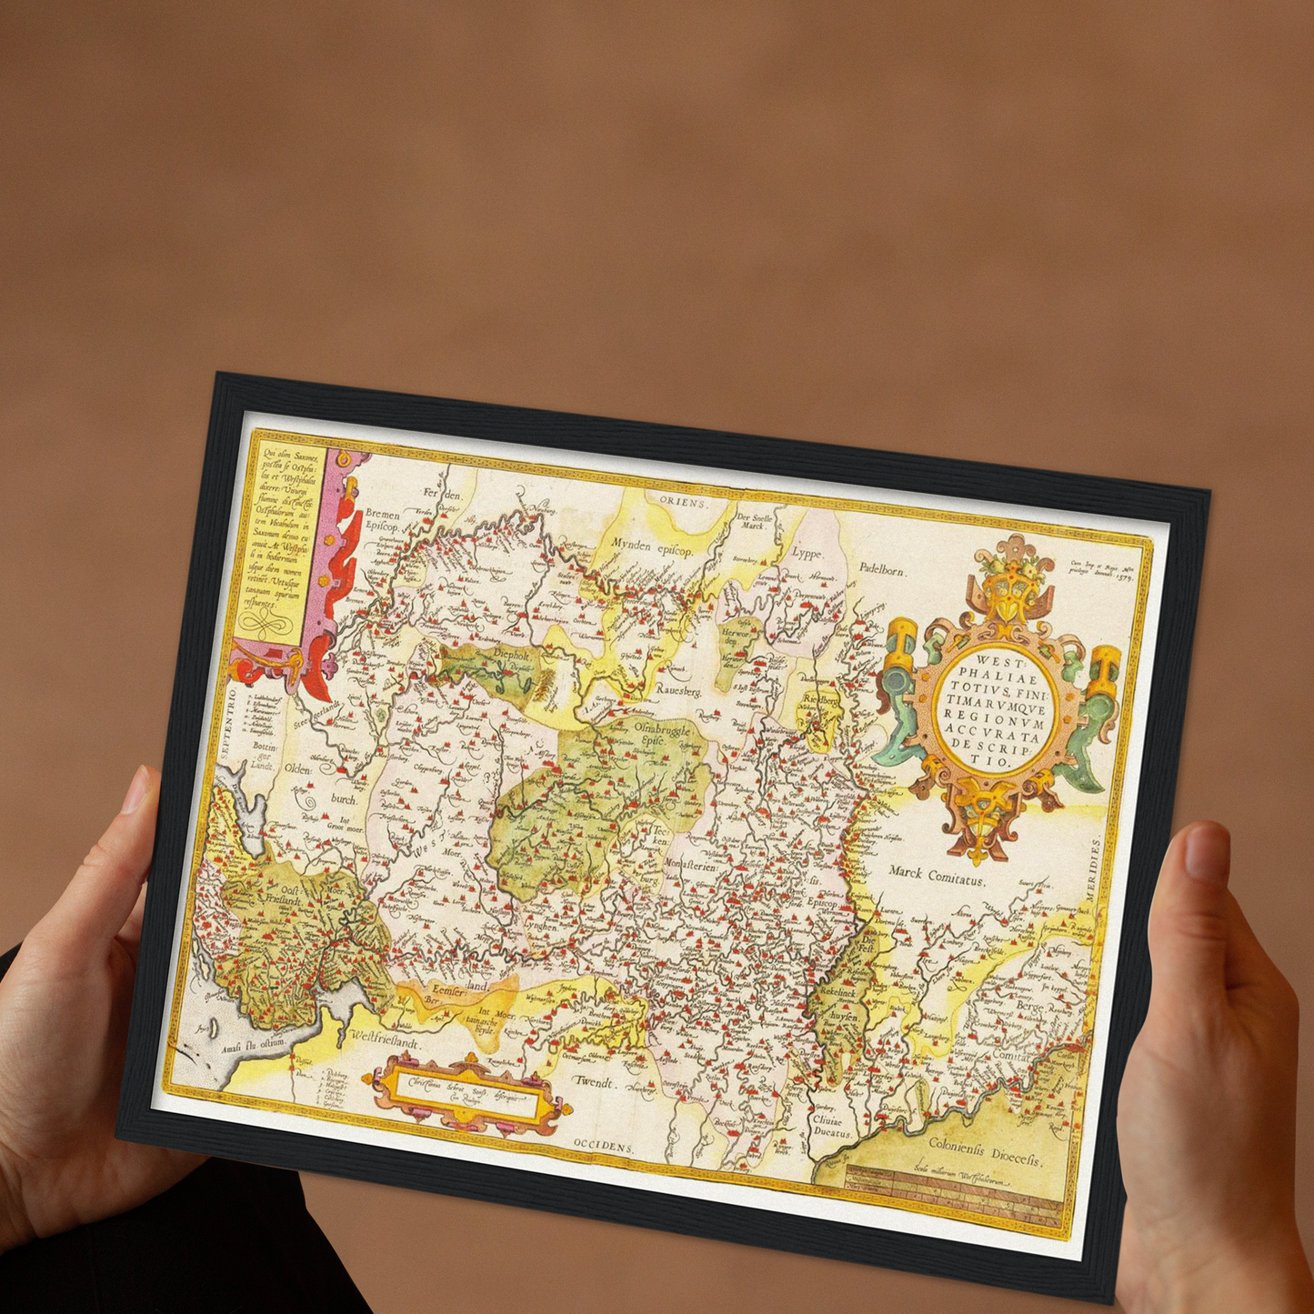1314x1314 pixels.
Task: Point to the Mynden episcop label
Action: [652, 551]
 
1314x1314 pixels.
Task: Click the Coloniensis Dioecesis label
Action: [985, 1149]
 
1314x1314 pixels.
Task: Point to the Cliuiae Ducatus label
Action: [833, 1128]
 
